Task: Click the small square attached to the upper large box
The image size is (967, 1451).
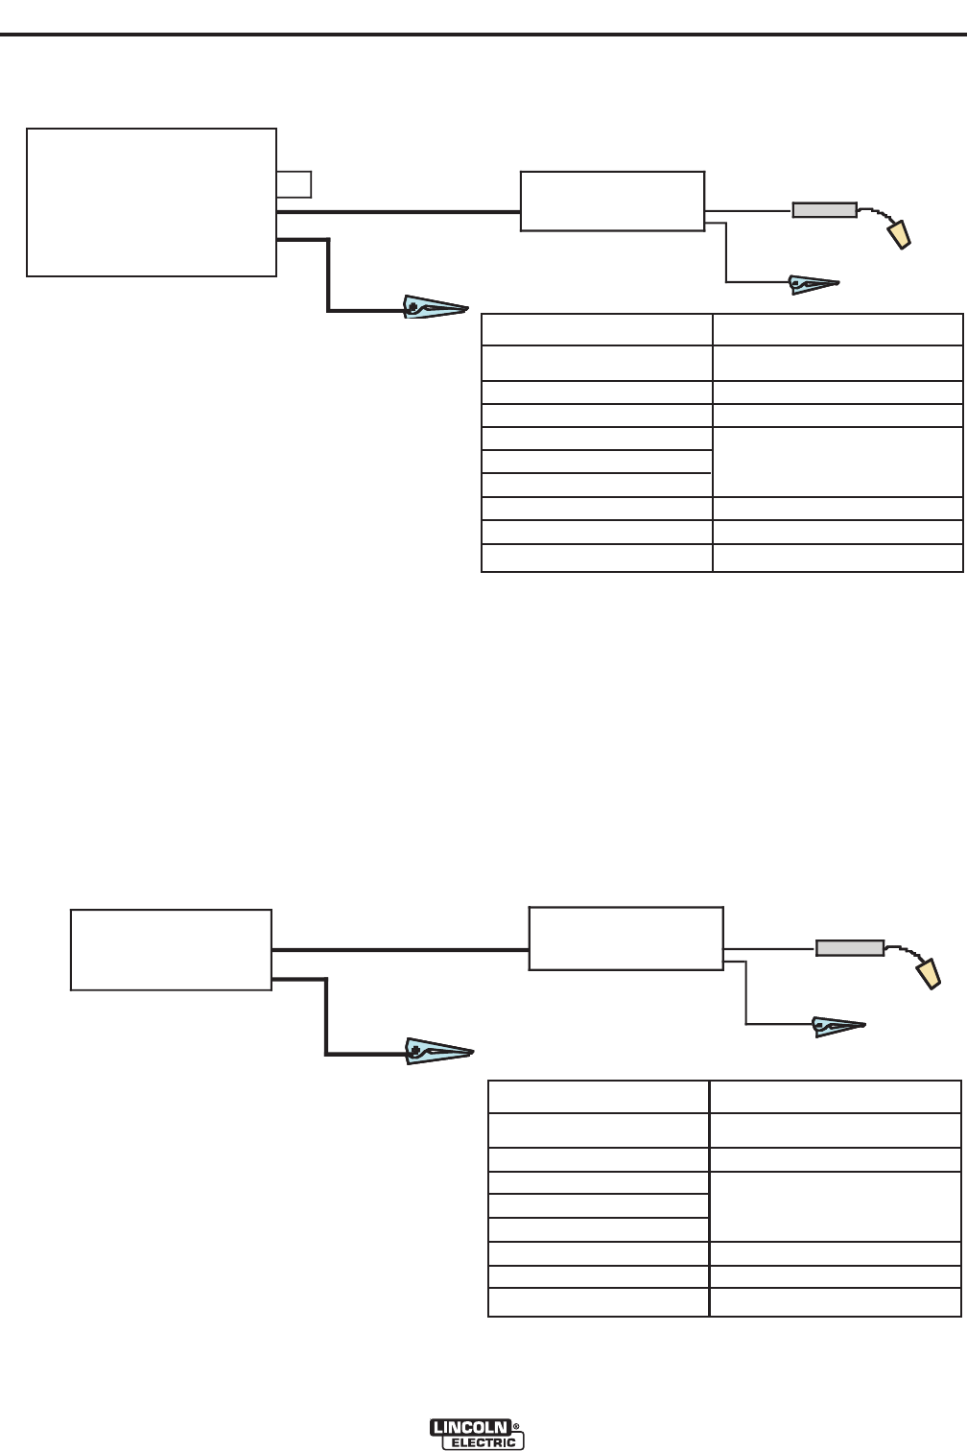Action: tap(294, 183)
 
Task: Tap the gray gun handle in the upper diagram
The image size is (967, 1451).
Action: tap(824, 210)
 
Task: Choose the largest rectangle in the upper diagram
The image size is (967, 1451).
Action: tap(152, 202)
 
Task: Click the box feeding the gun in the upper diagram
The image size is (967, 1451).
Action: tap(612, 202)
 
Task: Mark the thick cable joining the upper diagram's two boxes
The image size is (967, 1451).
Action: tap(398, 210)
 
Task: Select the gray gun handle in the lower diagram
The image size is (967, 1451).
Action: tap(850, 948)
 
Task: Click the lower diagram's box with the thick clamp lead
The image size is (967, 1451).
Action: tap(171, 950)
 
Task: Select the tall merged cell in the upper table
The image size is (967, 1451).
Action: tap(837, 462)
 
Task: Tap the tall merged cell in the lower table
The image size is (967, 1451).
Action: tap(835, 1206)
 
